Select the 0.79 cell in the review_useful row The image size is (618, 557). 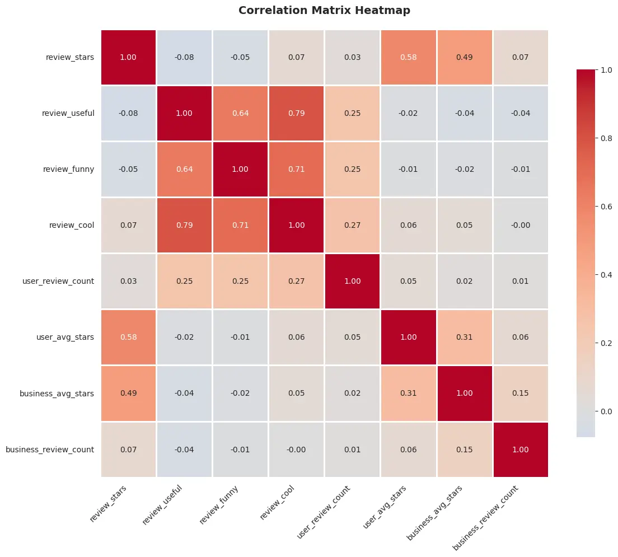pyautogui.click(x=296, y=113)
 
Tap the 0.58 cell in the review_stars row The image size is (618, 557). pyautogui.click(x=408, y=57)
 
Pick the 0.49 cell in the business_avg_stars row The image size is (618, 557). pyautogui.click(x=128, y=393)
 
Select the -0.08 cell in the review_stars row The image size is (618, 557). pyautogui.click(x=184, y=57)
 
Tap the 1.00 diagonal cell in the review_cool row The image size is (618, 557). pyautogui.click(x=296, y=225)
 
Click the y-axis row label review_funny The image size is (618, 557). pyautogui.click(x=68, y=169)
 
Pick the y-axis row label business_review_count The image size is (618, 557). pyautogui.click(x=50, y=449)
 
